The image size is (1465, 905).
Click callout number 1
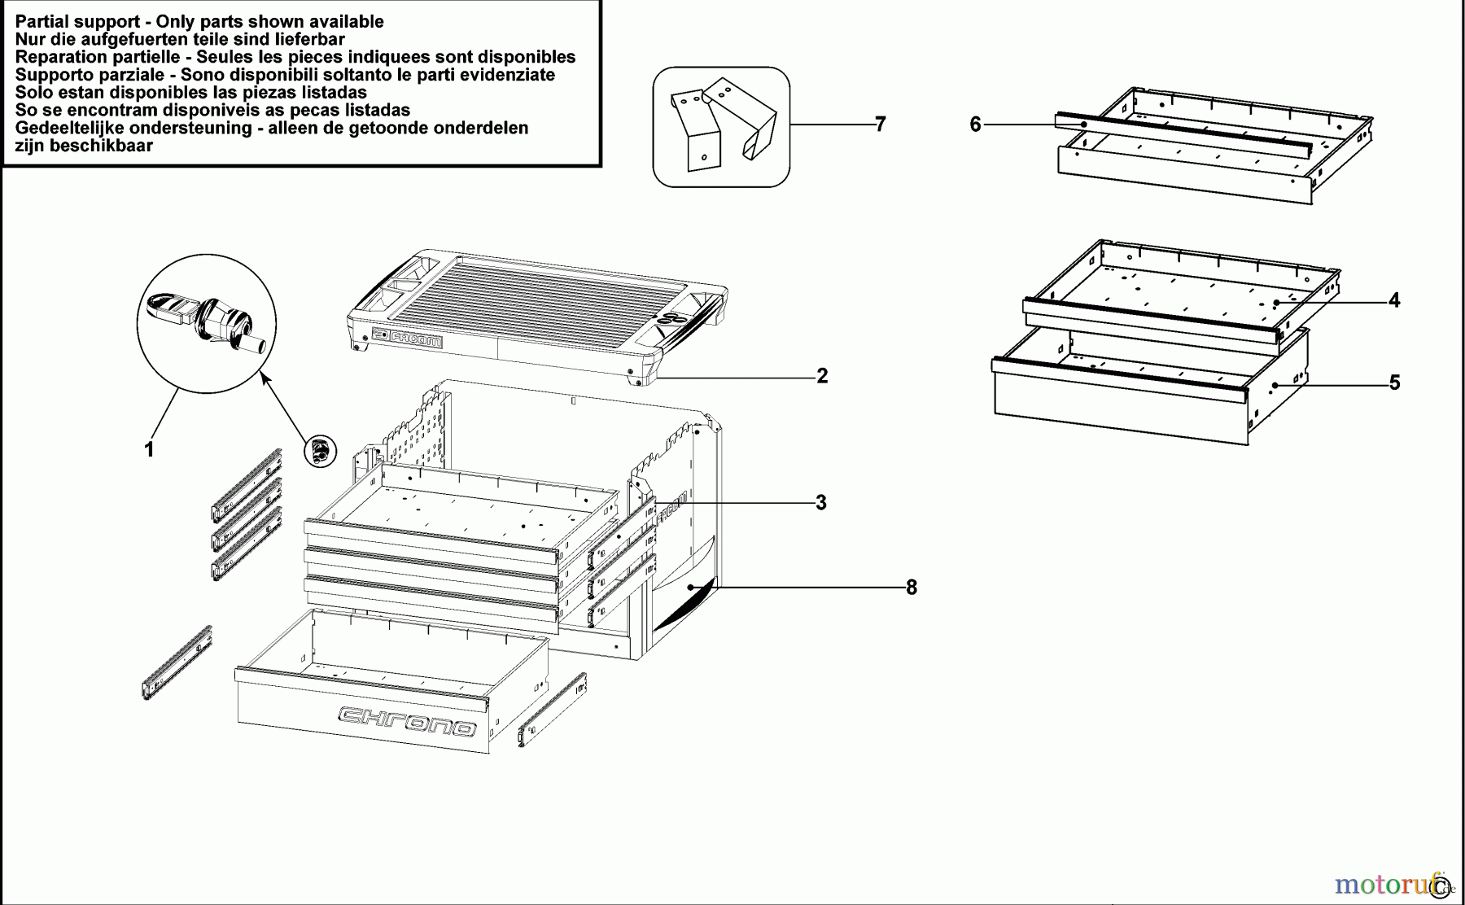(149, 449)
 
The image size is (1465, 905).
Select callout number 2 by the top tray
(822, 376)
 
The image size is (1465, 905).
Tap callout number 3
(821, 503)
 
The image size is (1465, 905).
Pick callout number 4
(1394, 300)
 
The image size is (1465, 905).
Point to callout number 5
(1394, 383)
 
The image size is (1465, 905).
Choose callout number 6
(975, 125)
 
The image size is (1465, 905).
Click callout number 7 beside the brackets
(880, 124)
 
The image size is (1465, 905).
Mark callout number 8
(912, 588)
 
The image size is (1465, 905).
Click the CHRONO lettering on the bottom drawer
(407, 720)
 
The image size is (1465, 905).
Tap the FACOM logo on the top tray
(407, 338)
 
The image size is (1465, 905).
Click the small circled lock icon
(321, 450)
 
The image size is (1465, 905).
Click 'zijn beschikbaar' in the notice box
(84, 146)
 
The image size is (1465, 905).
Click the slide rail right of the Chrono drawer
(553, 710)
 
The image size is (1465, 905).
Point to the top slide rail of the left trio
(247, 485)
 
